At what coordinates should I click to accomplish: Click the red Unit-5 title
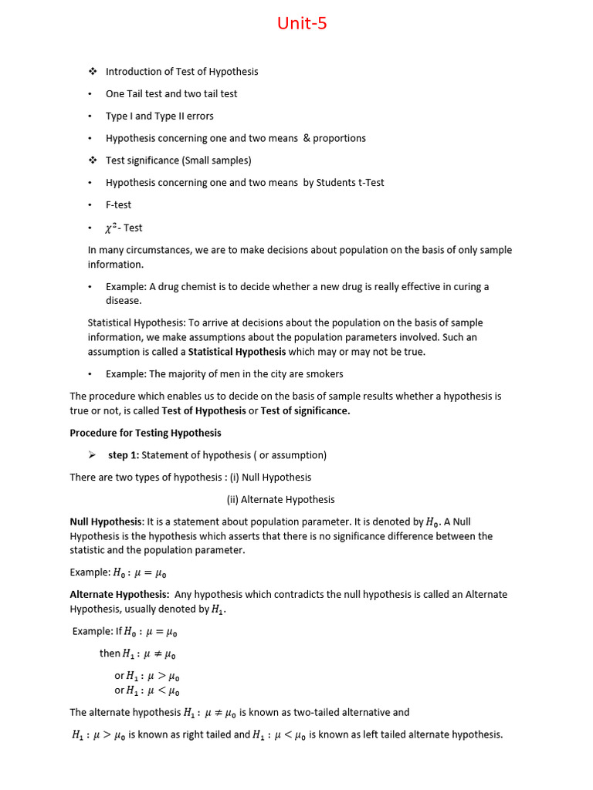tap(302, 24)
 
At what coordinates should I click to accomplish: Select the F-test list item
tap(118, 205)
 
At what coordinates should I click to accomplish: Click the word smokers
tap(324, 374)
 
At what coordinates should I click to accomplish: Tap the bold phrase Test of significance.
tap(305, 411)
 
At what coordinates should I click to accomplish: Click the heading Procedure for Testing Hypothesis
tap(145, 433)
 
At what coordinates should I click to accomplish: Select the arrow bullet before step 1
tap(91, 455)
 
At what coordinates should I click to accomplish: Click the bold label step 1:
tap(124, 455)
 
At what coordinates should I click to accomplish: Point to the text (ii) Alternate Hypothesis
tap(280, 500)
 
